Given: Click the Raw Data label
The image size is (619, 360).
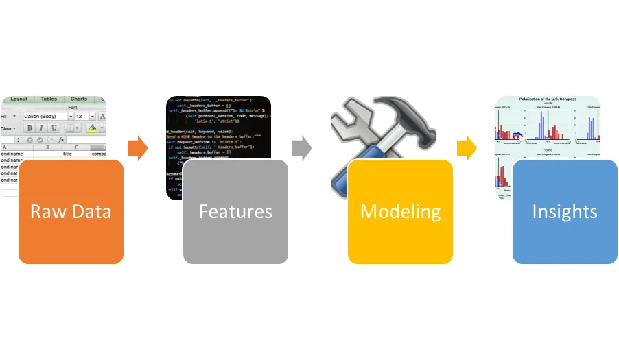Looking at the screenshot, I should click(x=71, y=211).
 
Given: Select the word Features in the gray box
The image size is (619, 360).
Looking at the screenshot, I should click(x=235, y=211).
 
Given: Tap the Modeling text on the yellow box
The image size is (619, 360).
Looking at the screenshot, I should click(x=400, y=211).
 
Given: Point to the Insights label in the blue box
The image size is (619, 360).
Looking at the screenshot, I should click(x=565, y=211).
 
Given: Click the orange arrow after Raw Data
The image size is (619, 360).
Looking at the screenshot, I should click(x=137, y=148).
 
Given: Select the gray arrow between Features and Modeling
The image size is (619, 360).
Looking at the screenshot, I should click(x=302, y=148).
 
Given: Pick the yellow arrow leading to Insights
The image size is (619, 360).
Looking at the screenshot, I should click(x=467, y=148).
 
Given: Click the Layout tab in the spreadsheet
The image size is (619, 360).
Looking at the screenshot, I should click(x=19, y=99).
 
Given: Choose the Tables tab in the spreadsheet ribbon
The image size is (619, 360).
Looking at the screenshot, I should click(x=49, y=99).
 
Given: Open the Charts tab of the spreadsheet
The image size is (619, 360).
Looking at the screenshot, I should click(x=78, y=99).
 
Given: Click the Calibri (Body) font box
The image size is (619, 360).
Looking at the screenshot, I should click(x=45, y=117).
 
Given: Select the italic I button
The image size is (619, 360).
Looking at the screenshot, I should click(x=41, y=128).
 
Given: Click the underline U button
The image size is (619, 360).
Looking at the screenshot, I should click(x=52, y=128).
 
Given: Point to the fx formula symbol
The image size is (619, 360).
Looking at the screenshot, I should click(x=60, y=140).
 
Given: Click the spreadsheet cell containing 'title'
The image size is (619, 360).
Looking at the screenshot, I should click(x=67, y=154).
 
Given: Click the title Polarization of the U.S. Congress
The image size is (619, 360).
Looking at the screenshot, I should click(x=548, y=99).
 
